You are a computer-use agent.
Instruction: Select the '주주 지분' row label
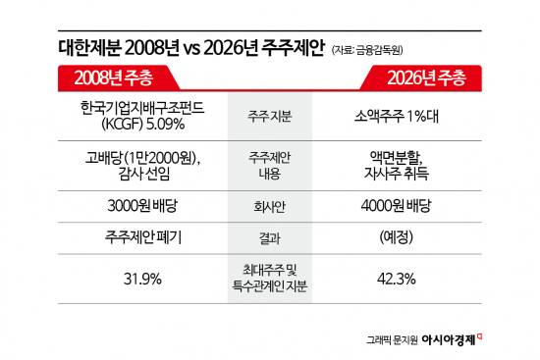tap(269, 116)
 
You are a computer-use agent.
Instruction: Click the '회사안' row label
tap(269, 207)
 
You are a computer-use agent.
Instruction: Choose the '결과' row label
tap(269, 237)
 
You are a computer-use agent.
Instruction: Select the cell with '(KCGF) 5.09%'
tap(137, 124)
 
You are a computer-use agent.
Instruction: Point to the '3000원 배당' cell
tap(137, 207)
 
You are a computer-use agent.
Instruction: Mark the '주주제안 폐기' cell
tap(137, 237)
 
